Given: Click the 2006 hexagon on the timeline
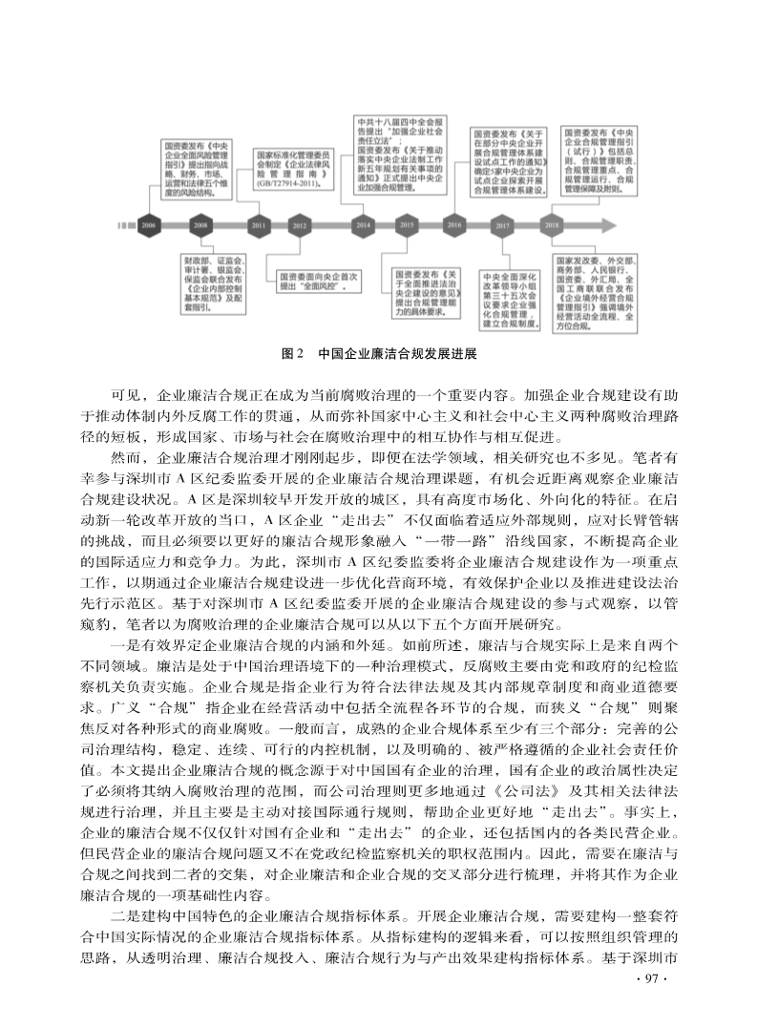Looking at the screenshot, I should click(x=149, y=224).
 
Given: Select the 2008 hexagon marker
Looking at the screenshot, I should click(x=200, y=224).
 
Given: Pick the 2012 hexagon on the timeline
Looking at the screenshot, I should click(x=300, y=225).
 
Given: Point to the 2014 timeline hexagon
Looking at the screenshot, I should click(x=363, y=225).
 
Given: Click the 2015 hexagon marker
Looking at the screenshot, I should click(x=407, y=225).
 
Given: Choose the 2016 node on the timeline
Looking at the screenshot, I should click(x=454, y=225).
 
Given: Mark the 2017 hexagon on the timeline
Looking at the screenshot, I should click(x=503, y=225).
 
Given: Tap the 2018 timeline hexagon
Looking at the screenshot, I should click(x=552, y=225).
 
